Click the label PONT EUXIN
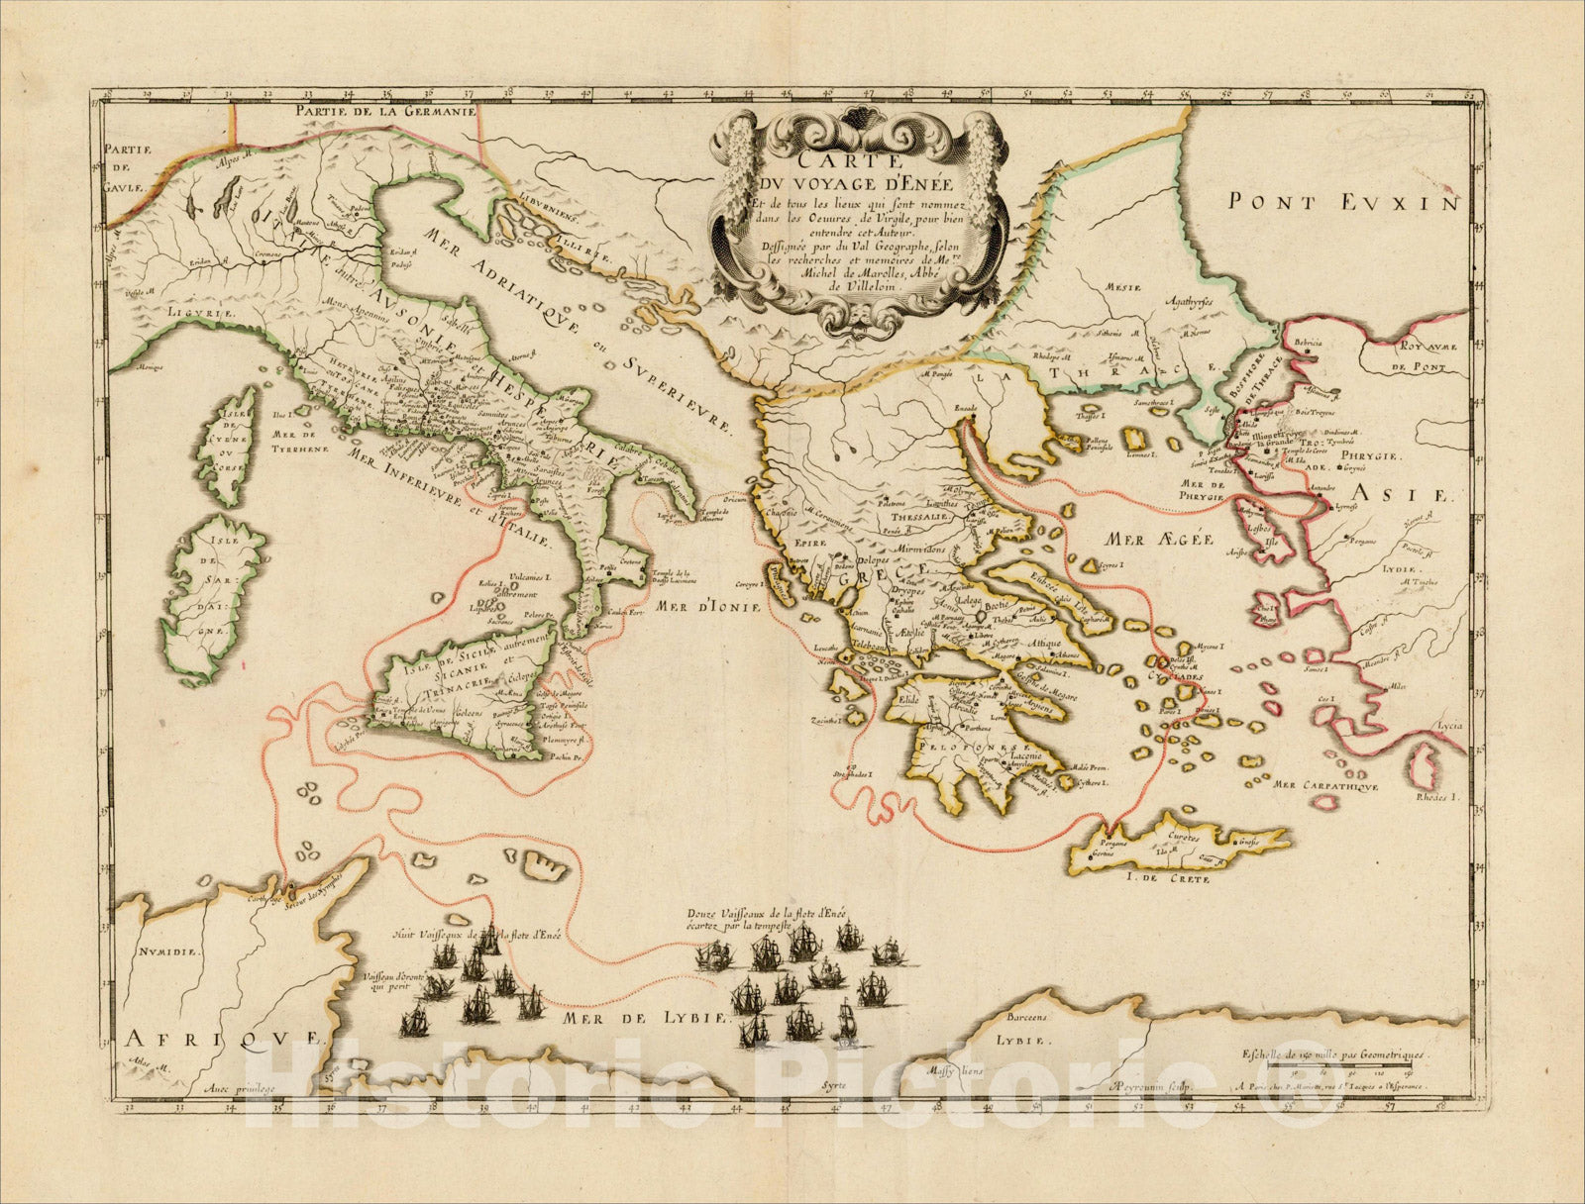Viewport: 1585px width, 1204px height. (x=1343, y=203)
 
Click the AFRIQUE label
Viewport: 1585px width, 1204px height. (x=224, y=1038)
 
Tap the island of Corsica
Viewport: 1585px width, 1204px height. (x=228, y=436)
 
